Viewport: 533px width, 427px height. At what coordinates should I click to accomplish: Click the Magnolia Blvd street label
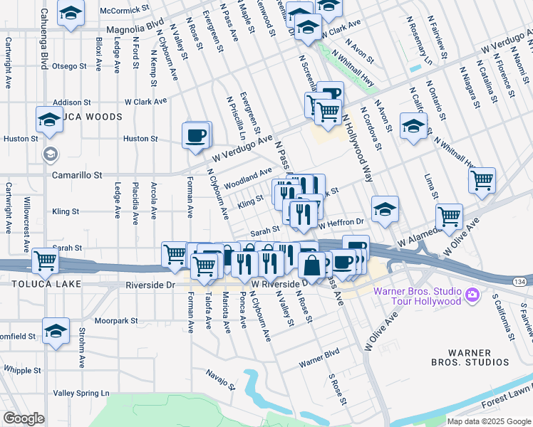(135, 30)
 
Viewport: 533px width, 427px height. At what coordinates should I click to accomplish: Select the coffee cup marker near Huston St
(197, 135)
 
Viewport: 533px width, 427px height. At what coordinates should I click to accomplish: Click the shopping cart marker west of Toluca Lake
(46, 261)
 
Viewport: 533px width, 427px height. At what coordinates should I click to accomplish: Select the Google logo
(24, 418)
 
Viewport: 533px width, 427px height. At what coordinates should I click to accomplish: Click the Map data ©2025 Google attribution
(489, 421)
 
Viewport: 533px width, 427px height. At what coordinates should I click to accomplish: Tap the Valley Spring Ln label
(81, 393)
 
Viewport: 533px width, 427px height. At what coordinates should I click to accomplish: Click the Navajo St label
(220, 379)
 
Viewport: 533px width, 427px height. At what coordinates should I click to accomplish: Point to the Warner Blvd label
(319, 362)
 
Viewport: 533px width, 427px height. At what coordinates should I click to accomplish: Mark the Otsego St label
(69, 66)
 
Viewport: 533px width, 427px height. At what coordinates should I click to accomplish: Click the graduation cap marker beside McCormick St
(71, 14)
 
